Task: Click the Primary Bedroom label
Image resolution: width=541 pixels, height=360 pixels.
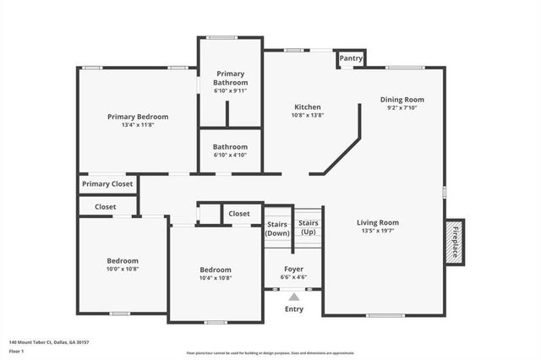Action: click(138, 117)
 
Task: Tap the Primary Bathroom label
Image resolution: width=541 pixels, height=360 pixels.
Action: click(231, 78)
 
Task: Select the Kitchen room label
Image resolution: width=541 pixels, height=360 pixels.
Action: click(307, 106)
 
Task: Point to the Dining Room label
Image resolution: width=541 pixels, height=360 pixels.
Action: click(402, 100)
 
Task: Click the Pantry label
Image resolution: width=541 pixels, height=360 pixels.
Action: click(351, 59)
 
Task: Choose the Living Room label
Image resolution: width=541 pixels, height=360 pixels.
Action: click(378, 223)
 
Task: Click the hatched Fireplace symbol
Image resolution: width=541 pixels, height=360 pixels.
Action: click(455, 243)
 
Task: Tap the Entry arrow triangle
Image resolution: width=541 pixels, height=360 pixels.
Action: click(294, 297)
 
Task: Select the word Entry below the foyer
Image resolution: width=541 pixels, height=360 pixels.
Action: click(294, 309)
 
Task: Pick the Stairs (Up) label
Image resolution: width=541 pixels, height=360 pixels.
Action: click(309, 227)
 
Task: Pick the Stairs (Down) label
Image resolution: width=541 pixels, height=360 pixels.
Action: click(277, 227)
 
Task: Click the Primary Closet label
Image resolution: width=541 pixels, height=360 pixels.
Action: click(107, 183)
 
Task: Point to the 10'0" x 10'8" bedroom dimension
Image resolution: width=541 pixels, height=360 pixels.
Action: click(123, 269)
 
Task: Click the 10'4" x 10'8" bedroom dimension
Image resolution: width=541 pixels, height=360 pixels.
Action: click(216, 277)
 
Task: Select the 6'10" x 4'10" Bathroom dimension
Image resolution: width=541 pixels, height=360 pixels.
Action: click(231, 155)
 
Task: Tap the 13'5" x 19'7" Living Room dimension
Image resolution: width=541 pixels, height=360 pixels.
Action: click(378, 231)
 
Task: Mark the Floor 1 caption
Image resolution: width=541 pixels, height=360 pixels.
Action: click(15, 351)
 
